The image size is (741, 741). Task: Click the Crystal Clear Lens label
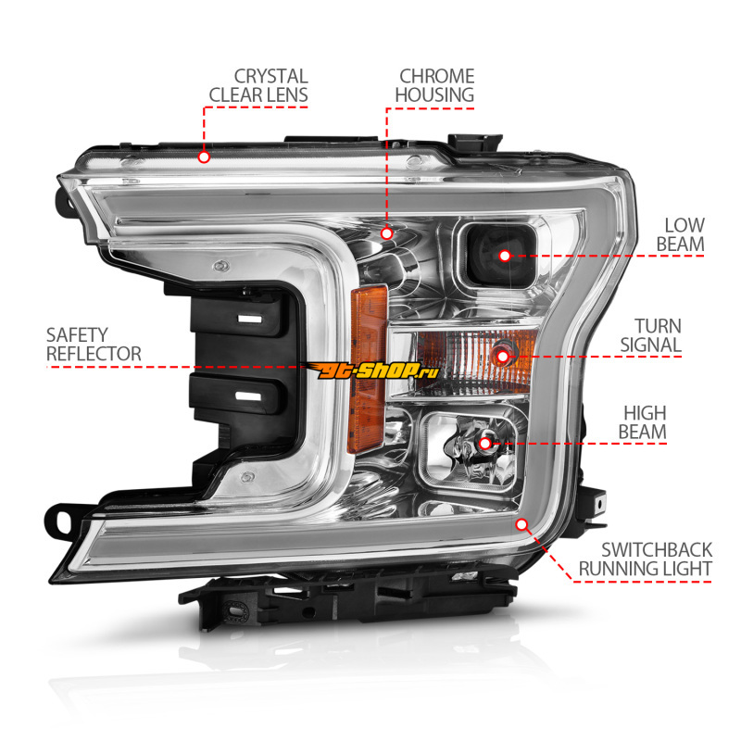coord(258,84)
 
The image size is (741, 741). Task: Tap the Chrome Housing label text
coord(435,84)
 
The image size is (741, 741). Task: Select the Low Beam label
coord(684,234)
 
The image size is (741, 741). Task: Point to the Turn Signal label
coord(658,335)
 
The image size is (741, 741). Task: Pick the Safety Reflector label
coord(94,344)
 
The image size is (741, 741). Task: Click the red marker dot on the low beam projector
coord(505,255)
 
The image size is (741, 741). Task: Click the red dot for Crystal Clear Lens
coord(205,157)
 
